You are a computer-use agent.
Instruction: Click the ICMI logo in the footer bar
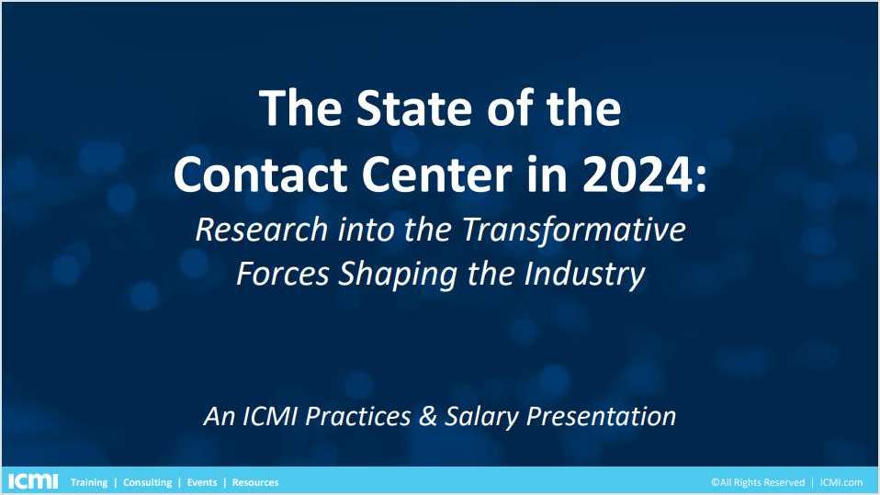click(x=32, y=481)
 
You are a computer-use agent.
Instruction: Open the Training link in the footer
click(x=89, y=482)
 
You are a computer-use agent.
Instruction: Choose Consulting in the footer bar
click(x=147, y=482)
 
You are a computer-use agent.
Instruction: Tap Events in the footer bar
click(x=202, y=482)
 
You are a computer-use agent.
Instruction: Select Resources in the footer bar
click(x=255, y=482)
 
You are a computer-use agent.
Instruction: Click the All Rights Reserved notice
click(x=757, y=482)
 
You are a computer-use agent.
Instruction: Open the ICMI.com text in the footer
click(x=842, y=482)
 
